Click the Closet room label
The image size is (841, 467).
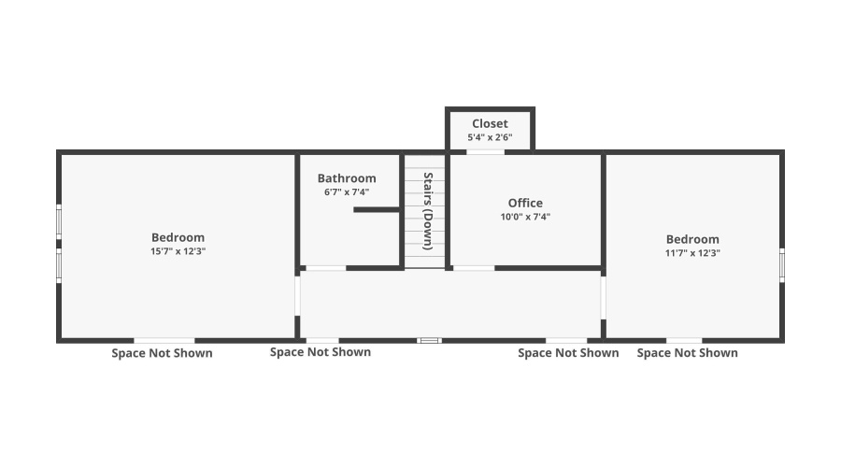click(490, 123)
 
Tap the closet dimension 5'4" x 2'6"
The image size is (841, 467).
click(490, 137)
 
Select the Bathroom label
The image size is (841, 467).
click(347, 178)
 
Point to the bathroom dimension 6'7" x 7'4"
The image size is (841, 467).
click(347, 192)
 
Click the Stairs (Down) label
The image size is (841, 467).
click(428, 210)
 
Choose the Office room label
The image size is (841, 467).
click(525, 203)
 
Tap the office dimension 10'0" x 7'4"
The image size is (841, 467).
click(525, 217)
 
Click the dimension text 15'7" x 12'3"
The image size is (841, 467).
click(178, 251)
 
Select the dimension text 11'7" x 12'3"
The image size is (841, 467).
click(692, 253)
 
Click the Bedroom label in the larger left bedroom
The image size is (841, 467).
click(178, 237)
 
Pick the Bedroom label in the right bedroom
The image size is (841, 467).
click(692, 239)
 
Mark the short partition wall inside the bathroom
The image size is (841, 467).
click(378, 210)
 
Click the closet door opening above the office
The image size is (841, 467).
click(485, 151)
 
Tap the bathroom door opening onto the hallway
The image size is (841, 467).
click(325, 268)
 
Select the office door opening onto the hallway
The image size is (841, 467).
click(473, 268)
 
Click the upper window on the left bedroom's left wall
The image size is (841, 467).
click(58, 222)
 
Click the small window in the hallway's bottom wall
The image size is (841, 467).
click(429, 340)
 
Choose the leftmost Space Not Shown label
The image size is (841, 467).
click(162, 353)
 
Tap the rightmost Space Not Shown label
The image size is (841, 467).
click(687, 353)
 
